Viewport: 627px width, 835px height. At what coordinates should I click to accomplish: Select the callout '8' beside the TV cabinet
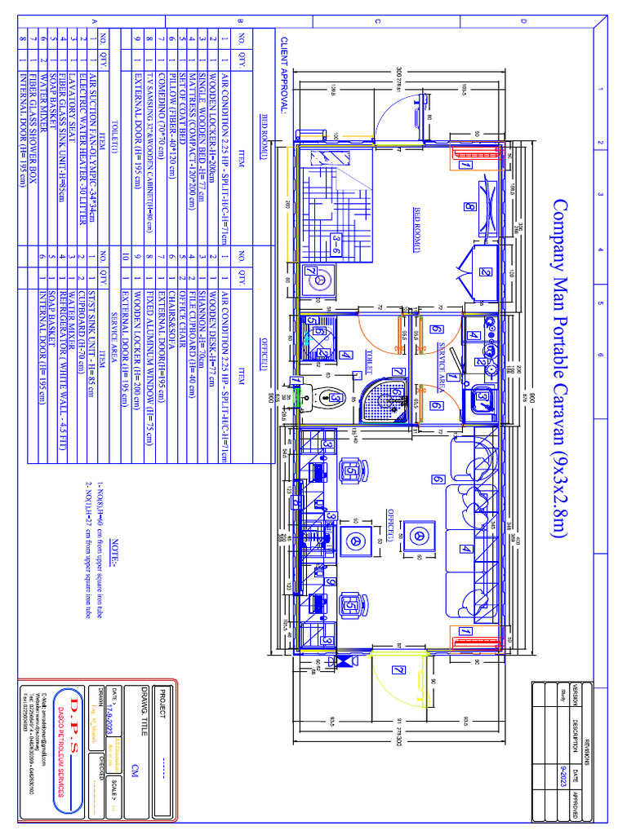click(469, 207)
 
